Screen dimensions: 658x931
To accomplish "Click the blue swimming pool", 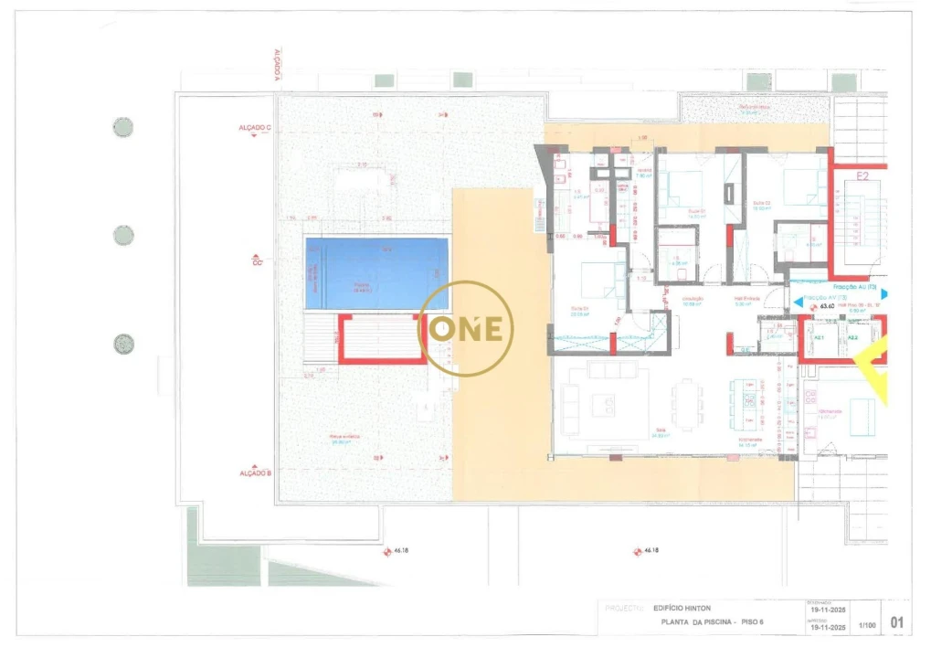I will tap(377, 273).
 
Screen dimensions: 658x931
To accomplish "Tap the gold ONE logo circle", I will tap(466, 329).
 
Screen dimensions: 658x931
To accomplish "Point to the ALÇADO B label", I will tap(256, 472).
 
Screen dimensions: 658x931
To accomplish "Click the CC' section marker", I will tap(258, 260).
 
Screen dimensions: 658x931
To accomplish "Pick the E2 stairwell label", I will tap(862, 175).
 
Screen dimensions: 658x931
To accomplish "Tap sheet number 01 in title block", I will tap(897, 623).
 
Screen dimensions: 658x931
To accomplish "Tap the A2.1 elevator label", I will tap(819, 338).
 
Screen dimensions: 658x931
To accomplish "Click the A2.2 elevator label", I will tap(852, 338).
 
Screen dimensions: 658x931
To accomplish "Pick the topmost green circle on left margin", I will tap(122, 127).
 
